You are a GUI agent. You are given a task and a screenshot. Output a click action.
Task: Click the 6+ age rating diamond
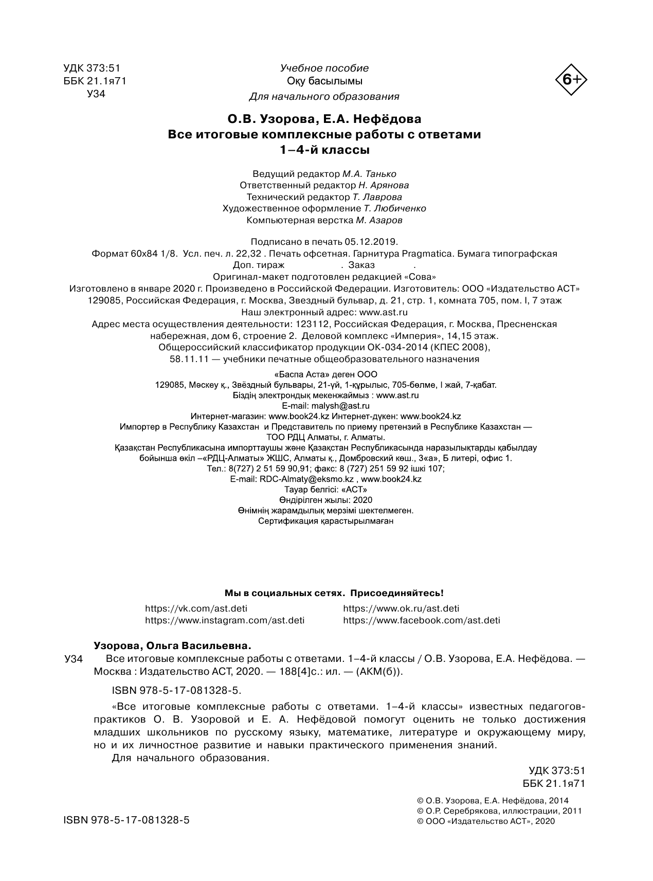[571, 80]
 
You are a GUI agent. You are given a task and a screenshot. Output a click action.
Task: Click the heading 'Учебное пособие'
[324, 68]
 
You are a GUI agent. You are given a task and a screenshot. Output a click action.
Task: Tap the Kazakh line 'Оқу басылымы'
[324, 81]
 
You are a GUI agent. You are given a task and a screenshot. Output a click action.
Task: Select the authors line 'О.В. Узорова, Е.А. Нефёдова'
[324, 119]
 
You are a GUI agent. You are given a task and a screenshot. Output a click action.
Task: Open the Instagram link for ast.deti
[224, 620]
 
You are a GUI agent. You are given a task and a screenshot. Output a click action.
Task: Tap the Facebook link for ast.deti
[421, 620]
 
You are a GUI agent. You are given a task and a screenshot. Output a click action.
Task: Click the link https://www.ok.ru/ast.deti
[401, 608]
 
